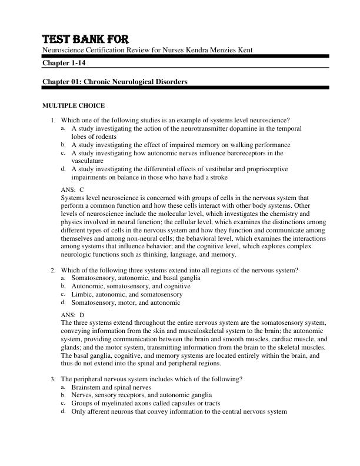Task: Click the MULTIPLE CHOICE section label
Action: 72,106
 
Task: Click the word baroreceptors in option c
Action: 247,153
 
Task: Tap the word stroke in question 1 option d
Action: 218,177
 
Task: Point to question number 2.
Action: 54,270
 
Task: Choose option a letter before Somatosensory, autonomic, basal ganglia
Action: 63,278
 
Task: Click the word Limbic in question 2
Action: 81,294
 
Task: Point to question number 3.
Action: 54,380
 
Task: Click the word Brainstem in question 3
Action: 86,388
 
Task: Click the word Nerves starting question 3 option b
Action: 82,395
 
